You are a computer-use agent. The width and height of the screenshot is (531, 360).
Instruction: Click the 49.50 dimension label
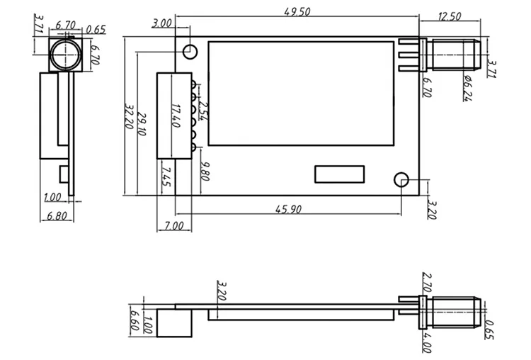297,12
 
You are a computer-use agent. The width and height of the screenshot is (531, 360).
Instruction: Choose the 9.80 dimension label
204,171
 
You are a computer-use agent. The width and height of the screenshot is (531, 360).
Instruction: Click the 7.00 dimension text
173,225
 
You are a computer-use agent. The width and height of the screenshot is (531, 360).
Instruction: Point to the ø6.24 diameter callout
468,88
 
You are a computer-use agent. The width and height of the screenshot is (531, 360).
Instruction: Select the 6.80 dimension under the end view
55,216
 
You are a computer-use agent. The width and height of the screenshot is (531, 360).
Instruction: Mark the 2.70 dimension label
426,282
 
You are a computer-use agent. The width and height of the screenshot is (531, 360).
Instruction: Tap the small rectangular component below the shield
340,174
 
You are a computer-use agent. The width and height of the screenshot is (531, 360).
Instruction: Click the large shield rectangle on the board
301,93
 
